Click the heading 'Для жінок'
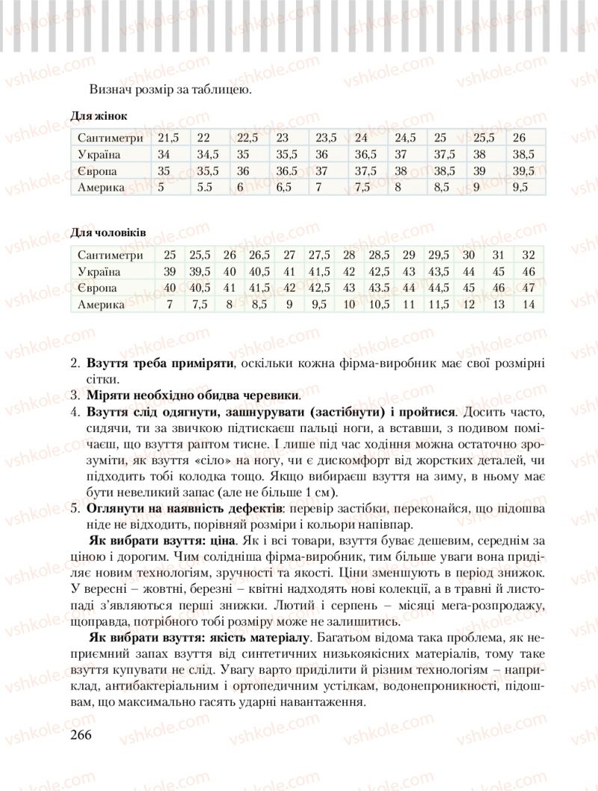click(x=99, y=117)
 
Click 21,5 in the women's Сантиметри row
click(x=169, y=138)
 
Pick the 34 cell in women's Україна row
click(x=165, y=155)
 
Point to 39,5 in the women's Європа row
click(x=521, y=171)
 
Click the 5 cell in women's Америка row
click(x=161, y=188)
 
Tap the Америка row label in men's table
click(x=102, y=304)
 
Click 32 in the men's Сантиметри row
click(x=529, y=255)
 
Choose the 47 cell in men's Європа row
click(x=529, y=288)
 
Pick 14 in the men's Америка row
click(x=529, y=304)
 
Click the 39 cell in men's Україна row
click(x=170, y=271)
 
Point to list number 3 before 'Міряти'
click(x=75, y=394)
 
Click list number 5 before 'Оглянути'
click(x=75, y=508)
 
